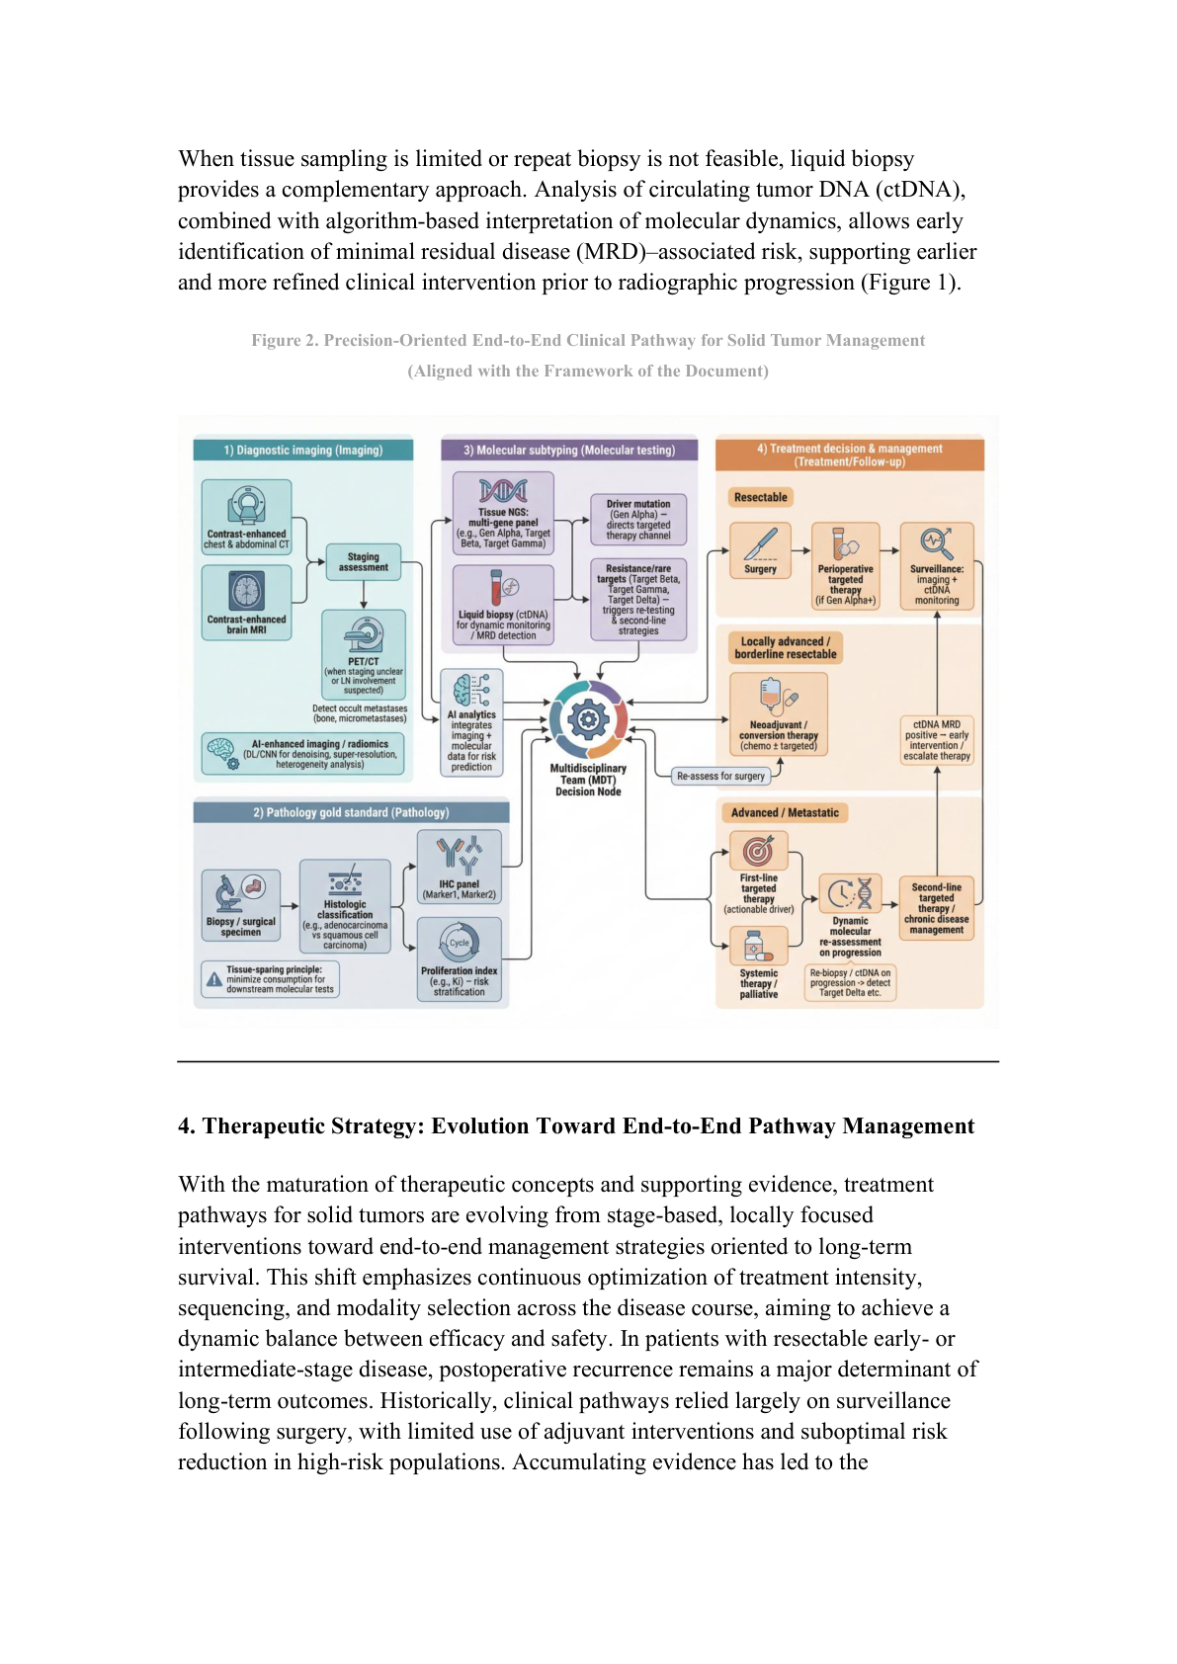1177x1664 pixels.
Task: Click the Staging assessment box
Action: pos(364,561)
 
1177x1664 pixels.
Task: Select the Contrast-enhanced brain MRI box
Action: pos(246,603)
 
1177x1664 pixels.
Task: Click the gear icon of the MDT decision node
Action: pos(588,719)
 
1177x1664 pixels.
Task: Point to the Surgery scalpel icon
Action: pos(760,543)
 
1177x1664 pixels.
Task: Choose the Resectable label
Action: pos(760,497)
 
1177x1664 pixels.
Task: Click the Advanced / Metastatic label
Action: pos(785,812)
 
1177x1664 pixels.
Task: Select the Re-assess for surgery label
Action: pos(720,777)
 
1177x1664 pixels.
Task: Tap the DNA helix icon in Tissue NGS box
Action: pos(503,491)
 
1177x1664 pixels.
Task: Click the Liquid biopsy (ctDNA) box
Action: pos(503,605)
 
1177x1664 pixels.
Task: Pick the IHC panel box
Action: pos(459,867)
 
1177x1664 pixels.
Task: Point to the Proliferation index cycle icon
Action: pos(460,943)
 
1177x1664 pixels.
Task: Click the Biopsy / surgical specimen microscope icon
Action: pos(227,894)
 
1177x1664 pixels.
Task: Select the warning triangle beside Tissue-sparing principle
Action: pos(214,979)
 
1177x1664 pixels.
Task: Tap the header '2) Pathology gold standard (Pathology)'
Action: pos(351,812)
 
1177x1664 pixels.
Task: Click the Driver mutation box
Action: pos(638,519)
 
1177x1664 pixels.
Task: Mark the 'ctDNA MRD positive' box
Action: pos(936,740)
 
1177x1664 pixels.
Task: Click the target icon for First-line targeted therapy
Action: pos(758,852)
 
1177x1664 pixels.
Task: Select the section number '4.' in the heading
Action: pos(187,1126)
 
